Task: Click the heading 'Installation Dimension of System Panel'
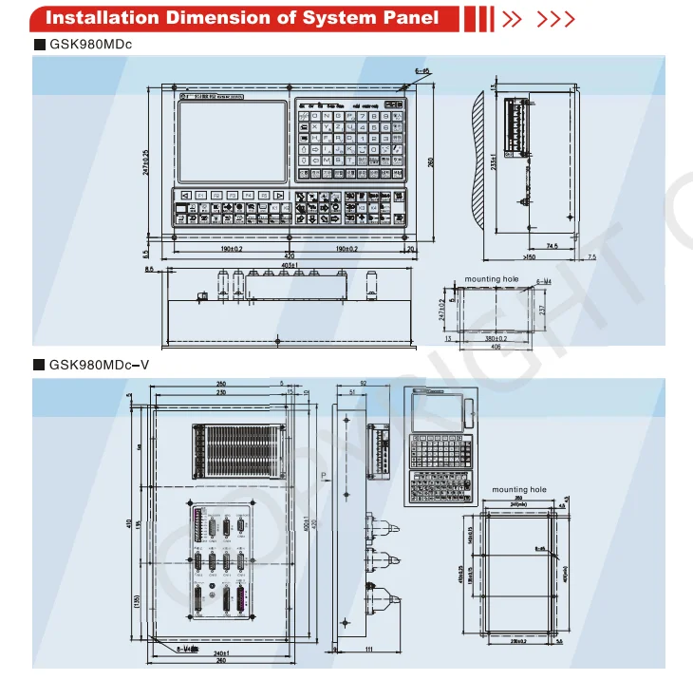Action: click(x=242, y=18)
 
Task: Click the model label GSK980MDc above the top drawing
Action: click(x=90, y=45)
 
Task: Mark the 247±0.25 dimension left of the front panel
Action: click(x=146, y=164)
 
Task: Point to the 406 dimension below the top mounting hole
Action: click(x=495, y=347)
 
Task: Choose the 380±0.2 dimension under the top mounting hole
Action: click(x=495, y=338)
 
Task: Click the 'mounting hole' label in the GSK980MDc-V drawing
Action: click(x=519, y=490)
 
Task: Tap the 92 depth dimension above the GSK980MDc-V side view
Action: click(x=362, y=382)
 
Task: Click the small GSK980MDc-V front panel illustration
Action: click(x=440, y=445)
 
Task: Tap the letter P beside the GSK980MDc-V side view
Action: click(x=323, y=473)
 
